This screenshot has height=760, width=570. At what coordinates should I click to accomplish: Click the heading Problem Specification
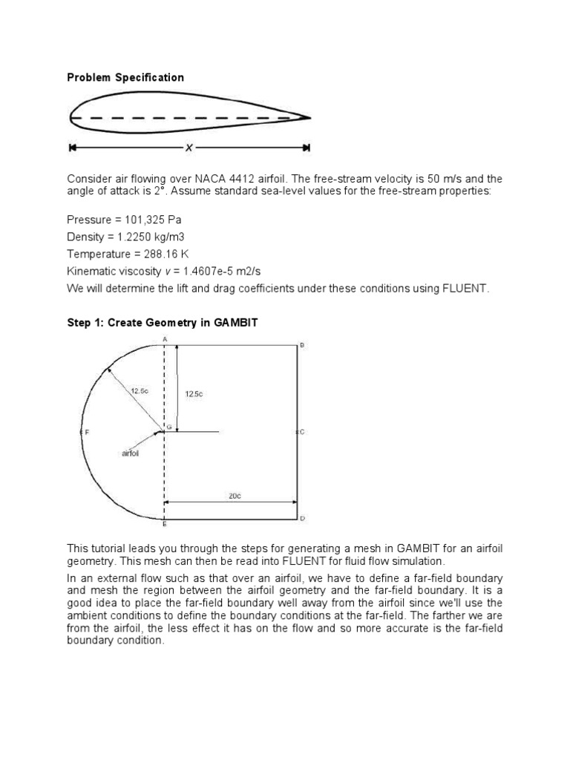[125, 77]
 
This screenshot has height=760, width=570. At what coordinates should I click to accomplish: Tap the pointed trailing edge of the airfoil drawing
[308, 117]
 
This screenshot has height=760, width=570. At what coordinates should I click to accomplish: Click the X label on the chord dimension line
[189, 148]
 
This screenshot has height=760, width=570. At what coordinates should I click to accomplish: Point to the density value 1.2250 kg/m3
[145, 237]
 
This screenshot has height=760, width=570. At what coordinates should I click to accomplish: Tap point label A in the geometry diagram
[165, 338]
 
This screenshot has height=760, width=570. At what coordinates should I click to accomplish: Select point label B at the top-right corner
[301, 345]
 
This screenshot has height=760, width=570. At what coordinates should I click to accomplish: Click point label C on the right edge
[302, 431]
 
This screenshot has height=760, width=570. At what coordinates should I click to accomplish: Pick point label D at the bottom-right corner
[302, 518]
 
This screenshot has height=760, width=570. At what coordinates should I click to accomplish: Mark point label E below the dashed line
[165, 525]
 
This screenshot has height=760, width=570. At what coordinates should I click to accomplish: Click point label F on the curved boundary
[86, 431]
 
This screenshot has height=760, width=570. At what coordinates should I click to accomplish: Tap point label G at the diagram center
[168, 427]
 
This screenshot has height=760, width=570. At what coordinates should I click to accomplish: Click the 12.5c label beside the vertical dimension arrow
[194, 394]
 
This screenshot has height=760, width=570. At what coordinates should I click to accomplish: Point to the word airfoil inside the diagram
[131, 452]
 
